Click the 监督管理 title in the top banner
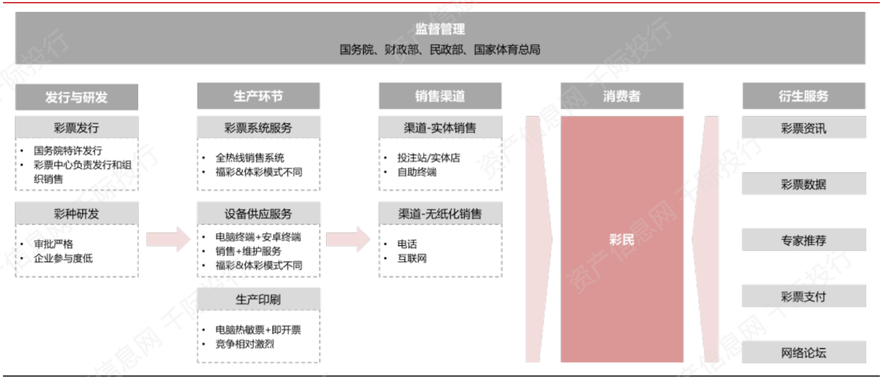click(440, 29)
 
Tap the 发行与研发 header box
click(76, 97)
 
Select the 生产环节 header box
click(258, 97)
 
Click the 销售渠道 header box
click(440, 97)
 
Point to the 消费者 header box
click(621, 97)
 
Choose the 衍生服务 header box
click(804, 97)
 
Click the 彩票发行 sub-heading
click(76, 127)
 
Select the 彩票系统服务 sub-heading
click(258, 127)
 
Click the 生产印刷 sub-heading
click(258, 299)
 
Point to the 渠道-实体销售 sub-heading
click(440, 127)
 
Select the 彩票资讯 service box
click(804, 128)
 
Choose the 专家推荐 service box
click(804, 240)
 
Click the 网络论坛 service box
click(804, 353)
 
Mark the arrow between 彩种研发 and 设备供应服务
click(169, 239)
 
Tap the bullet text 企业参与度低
click(63, 258)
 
